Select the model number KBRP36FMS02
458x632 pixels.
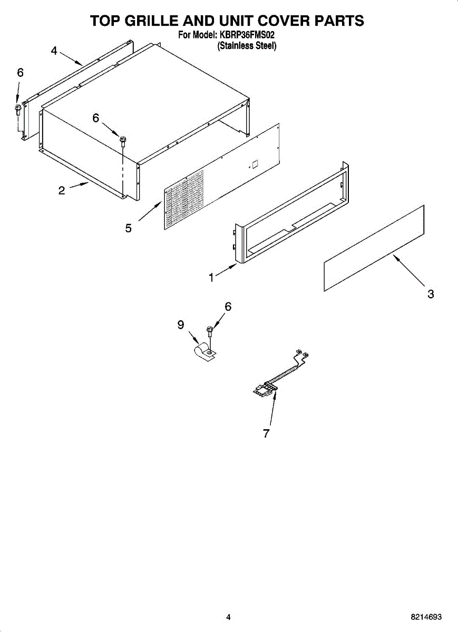[x=247, y=36]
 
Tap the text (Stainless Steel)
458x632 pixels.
[x=247, y=46]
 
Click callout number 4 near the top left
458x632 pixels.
[x=54, y=51]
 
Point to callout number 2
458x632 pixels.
[x=62, y=191]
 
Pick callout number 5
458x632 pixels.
[x=129, y=228]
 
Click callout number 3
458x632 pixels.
[x=431, y=294]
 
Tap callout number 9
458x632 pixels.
[x=181, y=325]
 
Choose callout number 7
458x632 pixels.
[x=266, y=433]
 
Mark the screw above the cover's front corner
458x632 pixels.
[x=123, y=141]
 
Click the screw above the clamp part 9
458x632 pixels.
[x=210, y=331]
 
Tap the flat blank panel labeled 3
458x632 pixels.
[x=374, y=248]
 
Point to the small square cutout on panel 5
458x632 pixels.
[x=254, y=163]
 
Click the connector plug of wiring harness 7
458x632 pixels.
[x=264, y=389]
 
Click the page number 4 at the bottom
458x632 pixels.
[x=228, y=617]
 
